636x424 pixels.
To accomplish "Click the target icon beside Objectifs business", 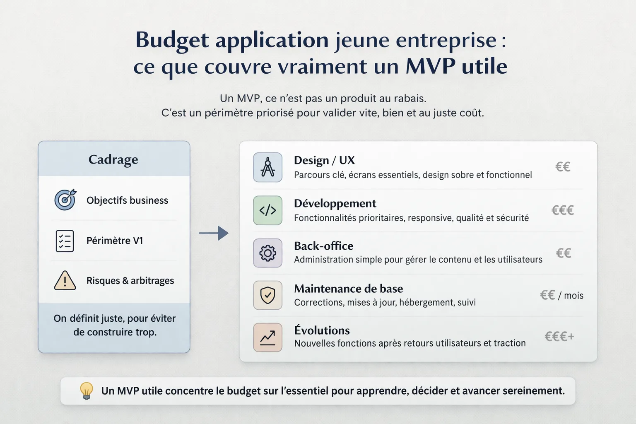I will (x=65, y=200).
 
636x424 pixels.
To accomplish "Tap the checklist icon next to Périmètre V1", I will (x=65, y=241).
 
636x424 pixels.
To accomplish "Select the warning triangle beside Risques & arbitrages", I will (x=65, y=281).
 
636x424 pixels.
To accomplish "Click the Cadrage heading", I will (x=113, y=159).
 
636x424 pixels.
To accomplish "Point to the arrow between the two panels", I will (x=214, y=233).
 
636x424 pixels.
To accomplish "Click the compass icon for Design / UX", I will (x=267, y=167).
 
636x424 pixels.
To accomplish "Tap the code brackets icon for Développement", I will (x=267, y=210).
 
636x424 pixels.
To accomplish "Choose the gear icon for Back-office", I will (x=267, y=253).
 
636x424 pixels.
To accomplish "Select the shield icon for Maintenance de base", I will (x=267, y=295).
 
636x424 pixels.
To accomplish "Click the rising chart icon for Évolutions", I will (x=267, y=337).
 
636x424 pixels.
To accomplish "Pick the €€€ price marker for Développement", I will (x=562, y=210).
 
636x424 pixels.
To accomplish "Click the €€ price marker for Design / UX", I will (x=563, y=167).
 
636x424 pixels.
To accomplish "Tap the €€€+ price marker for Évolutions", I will (x=559, y=336).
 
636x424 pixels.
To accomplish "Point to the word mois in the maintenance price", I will (x=573, y=296).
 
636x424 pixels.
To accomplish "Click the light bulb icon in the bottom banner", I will (x=86, y=390).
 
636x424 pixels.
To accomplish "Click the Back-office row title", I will (x=323, y=246).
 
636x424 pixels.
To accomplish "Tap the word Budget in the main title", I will (x=172, y=41).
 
